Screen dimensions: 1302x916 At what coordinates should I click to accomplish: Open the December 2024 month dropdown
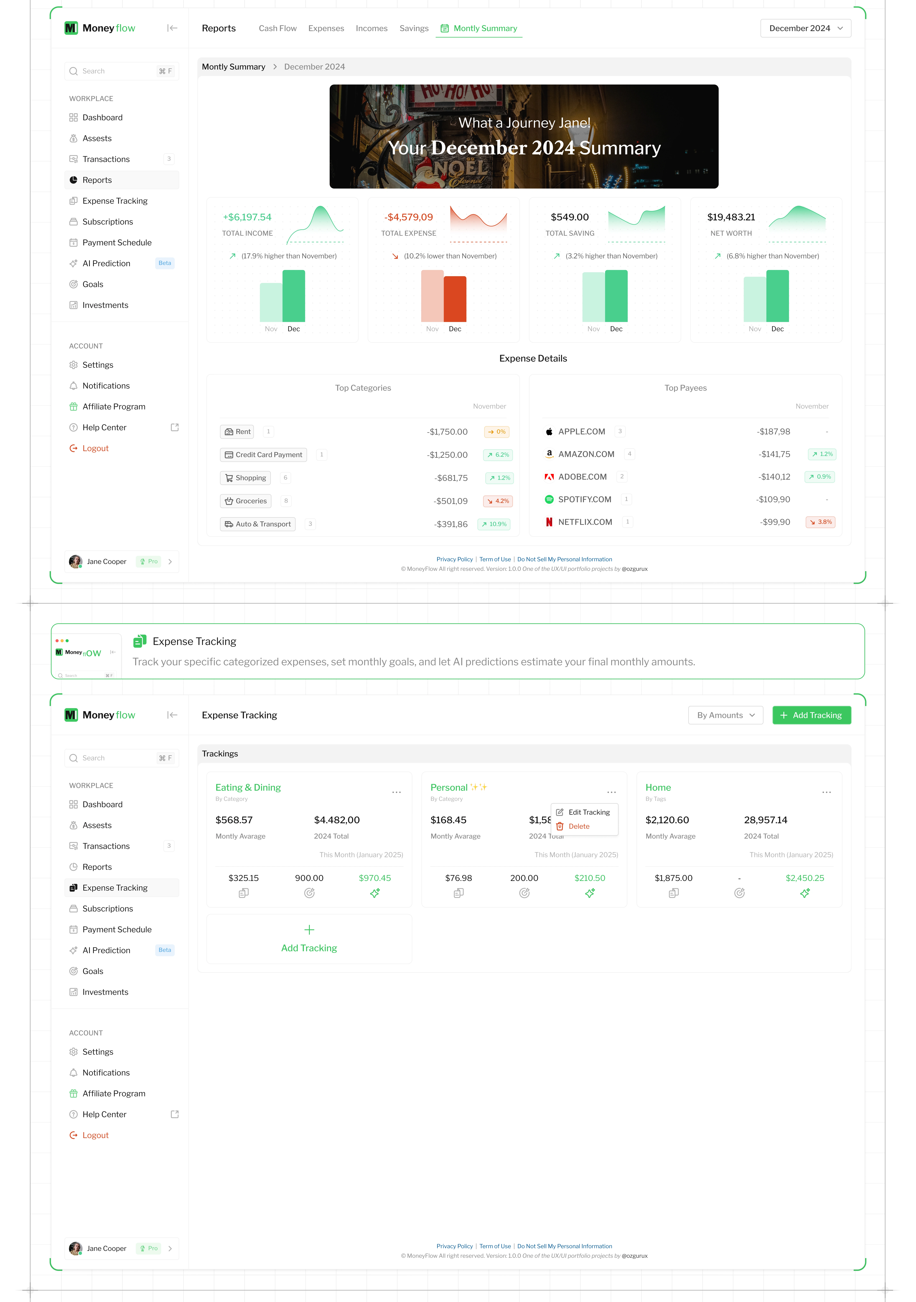tap(805, 28)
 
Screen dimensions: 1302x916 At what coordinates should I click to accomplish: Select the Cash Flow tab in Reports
tap(277, 28)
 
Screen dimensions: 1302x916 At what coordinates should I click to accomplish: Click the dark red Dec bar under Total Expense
tap(455, 299)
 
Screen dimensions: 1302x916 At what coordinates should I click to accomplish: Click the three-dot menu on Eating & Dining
tap(396, 792)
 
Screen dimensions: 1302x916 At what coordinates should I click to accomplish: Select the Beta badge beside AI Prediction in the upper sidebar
tap(164, 263)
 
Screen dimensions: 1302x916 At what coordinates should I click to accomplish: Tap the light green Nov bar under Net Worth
tap(754, 299)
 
